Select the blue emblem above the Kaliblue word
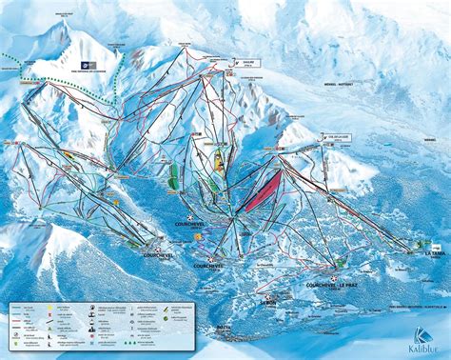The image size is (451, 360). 421,332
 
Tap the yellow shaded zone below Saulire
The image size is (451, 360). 219,162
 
